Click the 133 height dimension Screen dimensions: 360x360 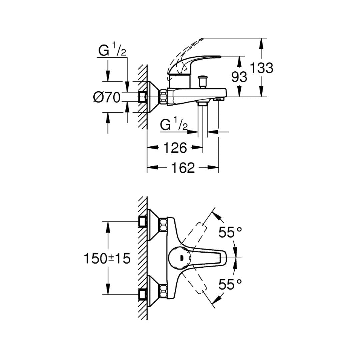click(x=261, y=68)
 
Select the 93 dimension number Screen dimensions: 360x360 click(x=239, y=77)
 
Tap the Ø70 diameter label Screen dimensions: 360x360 click(x=107, y=97)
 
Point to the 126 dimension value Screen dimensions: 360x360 click(x=175, y=148)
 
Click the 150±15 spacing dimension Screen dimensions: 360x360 click(x=107, y=258)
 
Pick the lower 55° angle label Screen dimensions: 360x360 click(x=230, y=284)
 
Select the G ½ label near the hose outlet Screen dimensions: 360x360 click(x=174, y=125)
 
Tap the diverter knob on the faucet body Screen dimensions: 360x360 click(x=203, y=82)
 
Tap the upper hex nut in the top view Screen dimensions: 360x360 click(x=163, y=225)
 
